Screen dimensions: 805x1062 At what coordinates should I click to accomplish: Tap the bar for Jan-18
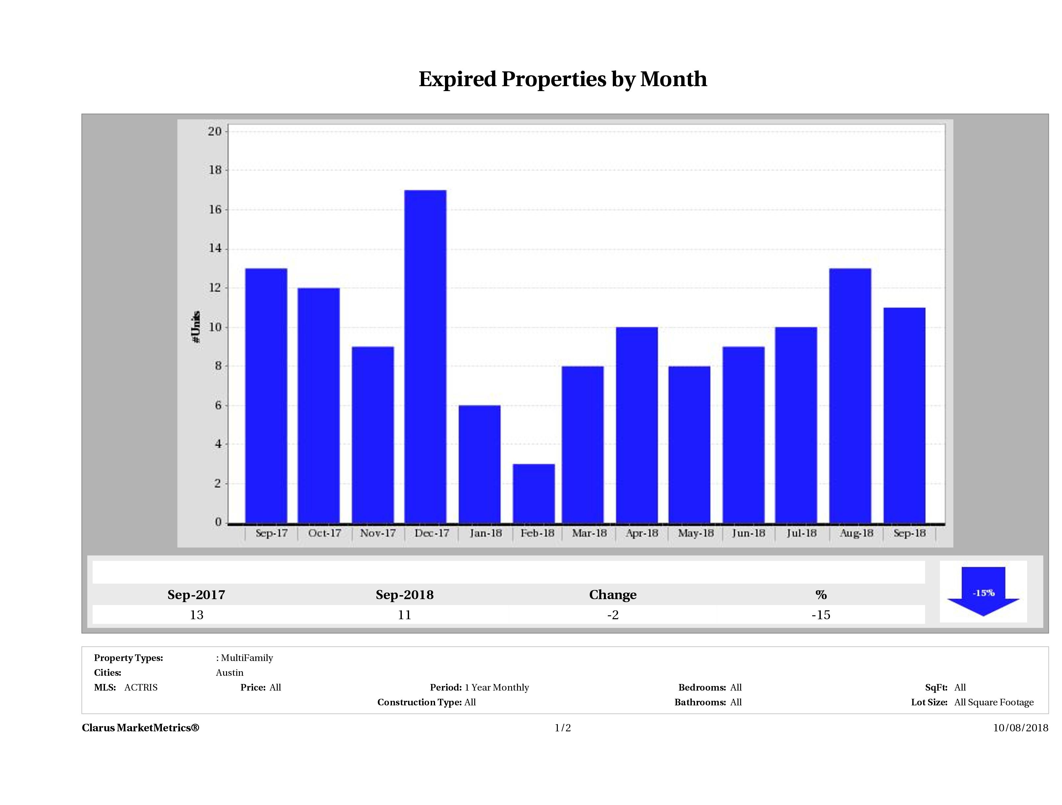tap(479, 464)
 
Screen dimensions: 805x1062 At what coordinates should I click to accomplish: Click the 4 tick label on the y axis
tap(219, 444)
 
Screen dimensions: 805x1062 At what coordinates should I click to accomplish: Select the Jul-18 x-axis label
tap(801, 533)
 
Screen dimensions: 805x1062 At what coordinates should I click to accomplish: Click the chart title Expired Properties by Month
tap(563, 79)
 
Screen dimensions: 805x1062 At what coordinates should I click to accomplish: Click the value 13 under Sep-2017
tap(196, 615)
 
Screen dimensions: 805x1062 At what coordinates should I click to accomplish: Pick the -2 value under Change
tap(613, 615)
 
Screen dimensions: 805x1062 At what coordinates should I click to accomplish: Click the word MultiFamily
tap(247, 658)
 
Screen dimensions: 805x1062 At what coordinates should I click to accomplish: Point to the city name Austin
tap(229, 672)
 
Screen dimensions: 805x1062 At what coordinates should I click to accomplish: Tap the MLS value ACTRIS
tap(141, 688)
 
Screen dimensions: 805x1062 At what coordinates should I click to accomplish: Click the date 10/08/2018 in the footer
tap(1020, 728)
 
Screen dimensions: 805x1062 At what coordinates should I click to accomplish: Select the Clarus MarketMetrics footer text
tap(140, 728)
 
